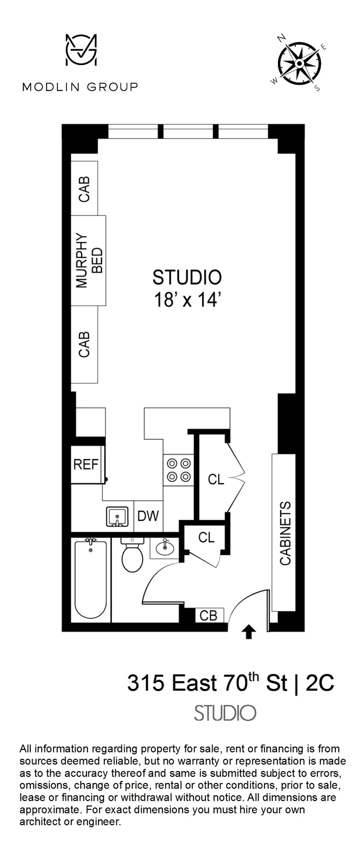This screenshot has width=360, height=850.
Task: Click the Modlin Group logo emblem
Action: click(81, 50)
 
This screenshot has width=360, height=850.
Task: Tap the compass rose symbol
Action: click(299, 63)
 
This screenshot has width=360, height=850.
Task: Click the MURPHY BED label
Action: click(88, 260)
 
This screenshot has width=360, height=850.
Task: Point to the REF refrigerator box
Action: click(86, 464)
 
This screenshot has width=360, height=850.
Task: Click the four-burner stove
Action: click(179, 470)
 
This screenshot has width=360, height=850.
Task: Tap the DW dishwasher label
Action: click(148, 516)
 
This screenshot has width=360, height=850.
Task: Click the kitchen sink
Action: click(117, 517)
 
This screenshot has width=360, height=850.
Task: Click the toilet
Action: click(132, 556)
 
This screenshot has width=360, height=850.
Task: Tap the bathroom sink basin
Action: click(164, 548)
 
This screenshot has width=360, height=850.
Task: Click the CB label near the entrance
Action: click(208, 615)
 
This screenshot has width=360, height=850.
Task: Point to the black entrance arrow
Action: click(249, 632)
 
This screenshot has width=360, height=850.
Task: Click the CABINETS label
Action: click(285, 534)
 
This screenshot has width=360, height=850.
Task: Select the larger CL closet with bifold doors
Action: click(216, 479)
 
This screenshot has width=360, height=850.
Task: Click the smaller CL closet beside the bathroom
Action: click(206, 537)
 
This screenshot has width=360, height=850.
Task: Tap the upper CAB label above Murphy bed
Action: click(84, 189)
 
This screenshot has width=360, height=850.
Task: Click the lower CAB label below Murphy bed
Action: click(84, 344)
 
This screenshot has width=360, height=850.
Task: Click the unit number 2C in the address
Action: click(320, 683)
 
